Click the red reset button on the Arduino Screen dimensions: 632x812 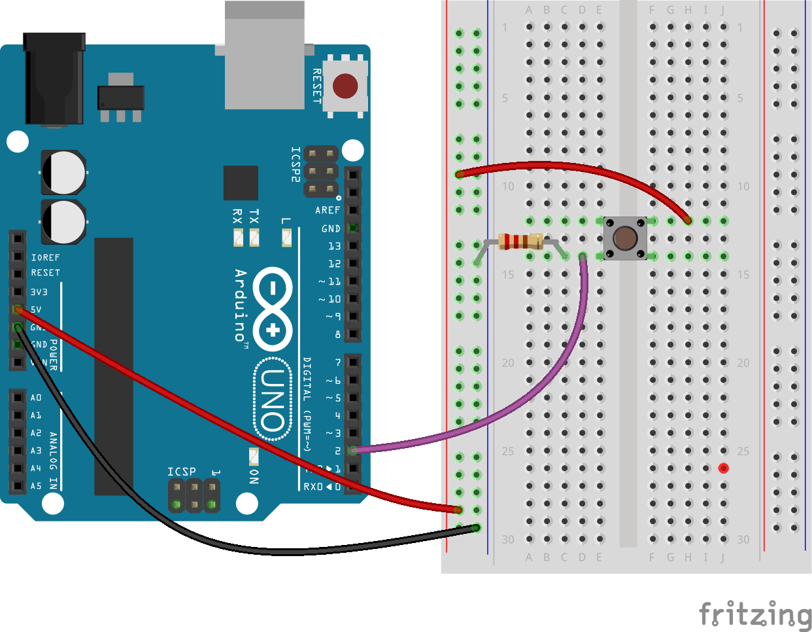point(345,86)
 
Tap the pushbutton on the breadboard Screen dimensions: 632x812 point(625,238)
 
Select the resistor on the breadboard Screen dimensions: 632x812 point(520,241)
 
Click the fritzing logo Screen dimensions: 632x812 point(754,615)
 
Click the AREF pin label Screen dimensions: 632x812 point(328,210)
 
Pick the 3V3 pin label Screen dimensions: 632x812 point(39,292)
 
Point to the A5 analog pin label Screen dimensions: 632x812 point(36,486)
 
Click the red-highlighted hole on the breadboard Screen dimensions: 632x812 point(723,468)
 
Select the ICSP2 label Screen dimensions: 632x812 point(296,164)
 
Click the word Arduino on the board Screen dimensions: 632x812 point(241,304)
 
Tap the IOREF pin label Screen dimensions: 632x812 point(45,258)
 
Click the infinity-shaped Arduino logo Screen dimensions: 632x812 point(273,307)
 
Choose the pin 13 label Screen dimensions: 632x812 point(334,246)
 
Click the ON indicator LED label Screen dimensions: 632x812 point(254,476)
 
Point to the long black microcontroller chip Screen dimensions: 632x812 point(114,366)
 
